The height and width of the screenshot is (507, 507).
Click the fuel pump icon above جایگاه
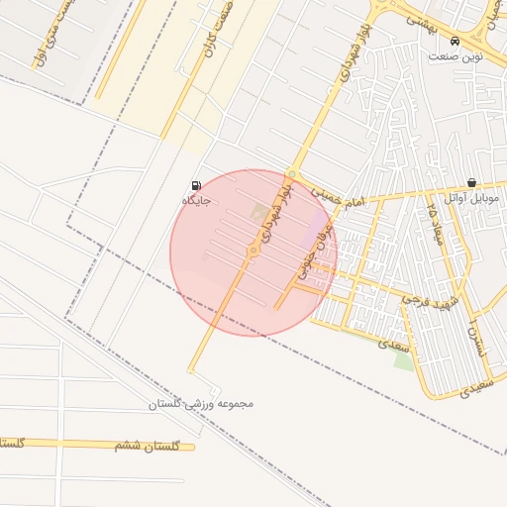[195, 185]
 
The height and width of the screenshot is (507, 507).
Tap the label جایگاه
[197, 200]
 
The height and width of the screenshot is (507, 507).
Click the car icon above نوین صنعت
[455, 42]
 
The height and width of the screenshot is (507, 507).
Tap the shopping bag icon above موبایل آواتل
[470, 183]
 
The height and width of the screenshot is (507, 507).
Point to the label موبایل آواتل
[471, 198]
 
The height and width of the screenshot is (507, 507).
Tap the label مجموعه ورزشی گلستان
[202, 404]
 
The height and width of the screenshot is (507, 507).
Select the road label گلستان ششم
[149, 447]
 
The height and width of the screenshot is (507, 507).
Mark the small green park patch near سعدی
[404, 358]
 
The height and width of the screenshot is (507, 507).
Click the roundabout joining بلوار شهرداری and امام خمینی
[291, 174]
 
